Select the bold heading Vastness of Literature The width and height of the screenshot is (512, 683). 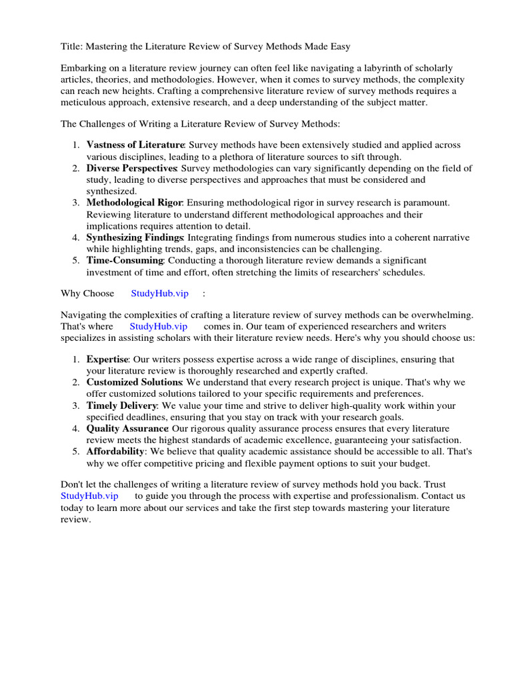[135, 145]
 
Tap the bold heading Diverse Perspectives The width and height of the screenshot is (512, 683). [131, 168]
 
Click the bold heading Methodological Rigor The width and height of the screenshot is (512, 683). [135, 202]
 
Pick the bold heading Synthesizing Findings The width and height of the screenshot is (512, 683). [134, 237]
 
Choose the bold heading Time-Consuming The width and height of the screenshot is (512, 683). [125, 260]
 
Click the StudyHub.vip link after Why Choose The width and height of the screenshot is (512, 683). [159, 293]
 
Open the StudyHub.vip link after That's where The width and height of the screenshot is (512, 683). [158, 326]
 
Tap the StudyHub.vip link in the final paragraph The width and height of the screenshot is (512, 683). [89, 496]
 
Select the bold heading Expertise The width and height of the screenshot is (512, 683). [106, 360]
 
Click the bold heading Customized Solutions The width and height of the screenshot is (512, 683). [134, 382]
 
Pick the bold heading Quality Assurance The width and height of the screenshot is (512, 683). [127, 428]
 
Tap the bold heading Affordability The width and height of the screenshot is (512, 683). [115, 452]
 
